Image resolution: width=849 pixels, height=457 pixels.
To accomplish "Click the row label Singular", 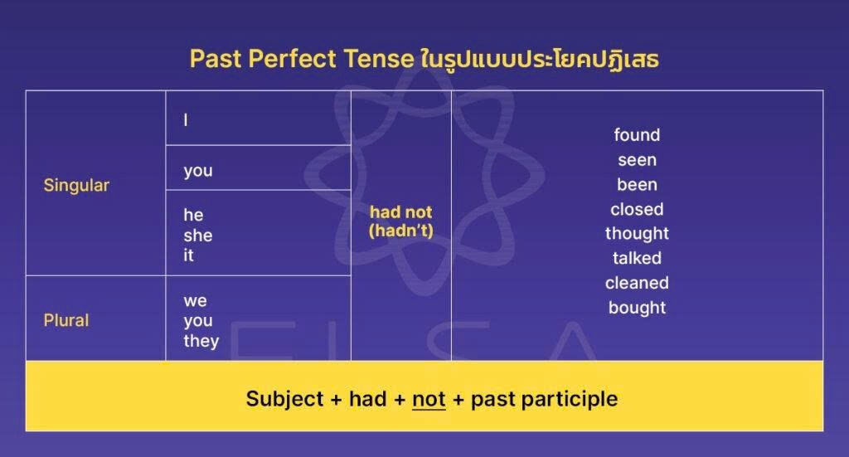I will [x=76, y=185].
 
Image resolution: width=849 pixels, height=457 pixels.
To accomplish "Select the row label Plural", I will [x=66, y=320].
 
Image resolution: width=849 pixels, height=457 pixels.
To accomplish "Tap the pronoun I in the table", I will [x=186, y=120].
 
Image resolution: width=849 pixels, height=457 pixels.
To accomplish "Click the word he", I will [x=193, y=215].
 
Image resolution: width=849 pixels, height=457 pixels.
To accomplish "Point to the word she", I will [x=198, y=236].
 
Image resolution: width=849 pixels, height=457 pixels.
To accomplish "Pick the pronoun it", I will [x=188, y=255].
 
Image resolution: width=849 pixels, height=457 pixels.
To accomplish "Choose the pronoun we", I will [x=195, y=300].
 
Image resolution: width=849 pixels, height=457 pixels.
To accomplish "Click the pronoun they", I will [x=201, y=341].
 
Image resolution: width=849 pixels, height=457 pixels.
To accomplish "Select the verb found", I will [x=637, y=135].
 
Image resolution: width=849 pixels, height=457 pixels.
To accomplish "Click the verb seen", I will [x=637, y=160].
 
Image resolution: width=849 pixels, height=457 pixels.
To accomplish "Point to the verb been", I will [x=637, y=184].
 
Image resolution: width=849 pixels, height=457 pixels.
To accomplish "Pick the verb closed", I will [x=637, y=209].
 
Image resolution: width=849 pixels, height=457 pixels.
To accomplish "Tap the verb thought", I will [x=637, y=233].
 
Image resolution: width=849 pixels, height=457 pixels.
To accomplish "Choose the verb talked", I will [x=637, y=258].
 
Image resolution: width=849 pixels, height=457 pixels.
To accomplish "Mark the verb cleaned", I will [x=637, y=283].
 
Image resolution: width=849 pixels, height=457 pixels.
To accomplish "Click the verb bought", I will [x=637, y=308].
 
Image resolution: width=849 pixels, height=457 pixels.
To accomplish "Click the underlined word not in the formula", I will [x=429, y=399].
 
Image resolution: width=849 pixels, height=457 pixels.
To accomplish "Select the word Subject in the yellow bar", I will [x=284, y=399].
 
